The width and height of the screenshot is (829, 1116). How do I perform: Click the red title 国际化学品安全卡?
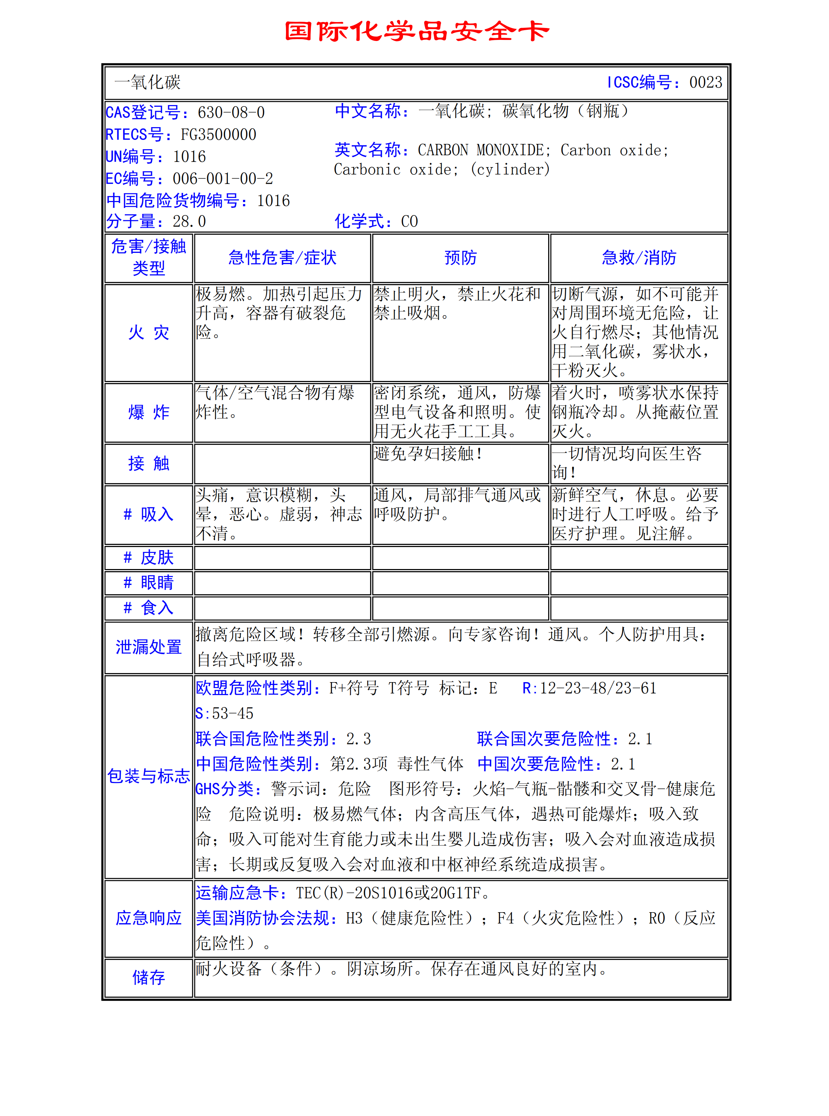[x=417, y=31]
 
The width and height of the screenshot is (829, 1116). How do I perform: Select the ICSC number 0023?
[x=705, y=82]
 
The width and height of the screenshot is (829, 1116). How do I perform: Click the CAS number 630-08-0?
[x=231, y=112]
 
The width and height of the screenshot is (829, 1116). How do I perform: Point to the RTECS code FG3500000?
[x=218, y=134]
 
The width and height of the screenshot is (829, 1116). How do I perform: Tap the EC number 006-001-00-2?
[x=223, y=179]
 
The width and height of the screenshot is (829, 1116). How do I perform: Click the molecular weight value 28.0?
[x=189, y=221]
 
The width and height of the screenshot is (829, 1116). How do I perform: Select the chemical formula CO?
[x=410, y=221]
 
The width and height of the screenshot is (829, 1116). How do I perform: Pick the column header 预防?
[x=460, y=258]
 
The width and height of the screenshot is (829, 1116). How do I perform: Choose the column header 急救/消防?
[x=639, y=258]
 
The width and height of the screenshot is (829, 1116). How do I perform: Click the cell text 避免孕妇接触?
[x=428, y=453]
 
